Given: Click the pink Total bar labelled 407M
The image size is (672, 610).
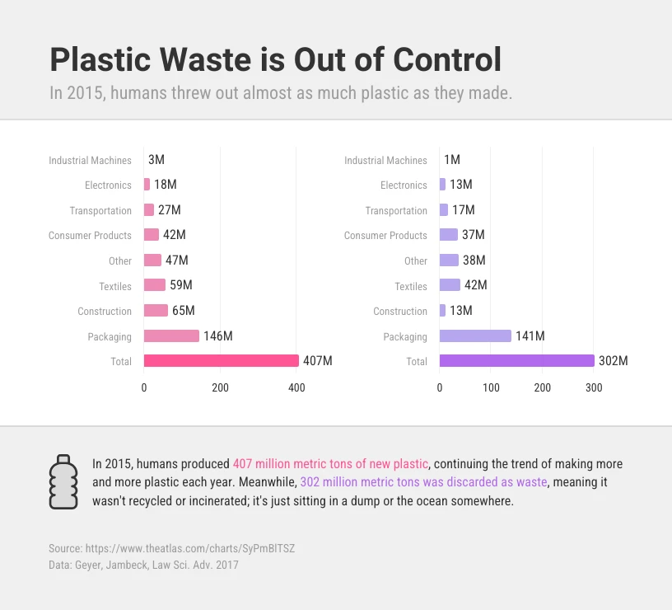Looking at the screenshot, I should point(221,361).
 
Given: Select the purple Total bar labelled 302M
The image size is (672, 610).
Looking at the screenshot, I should point(516,361).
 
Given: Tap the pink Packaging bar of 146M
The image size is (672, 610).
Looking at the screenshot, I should point(171,336).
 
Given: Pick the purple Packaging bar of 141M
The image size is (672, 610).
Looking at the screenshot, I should point(475,336).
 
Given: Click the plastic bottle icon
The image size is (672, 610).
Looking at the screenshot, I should point(63,481).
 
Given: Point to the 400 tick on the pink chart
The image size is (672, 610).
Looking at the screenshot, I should point(296,387).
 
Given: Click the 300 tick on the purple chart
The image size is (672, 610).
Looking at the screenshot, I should point(594,387).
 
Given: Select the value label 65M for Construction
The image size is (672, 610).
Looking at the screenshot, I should point(183,311).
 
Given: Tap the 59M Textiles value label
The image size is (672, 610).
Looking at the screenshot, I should point(180,285).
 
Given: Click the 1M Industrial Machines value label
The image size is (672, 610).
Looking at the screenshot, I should point(452,160).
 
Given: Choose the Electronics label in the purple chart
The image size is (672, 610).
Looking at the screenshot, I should point(404,185).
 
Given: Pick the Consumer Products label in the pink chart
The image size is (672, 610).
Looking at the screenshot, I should point(90,236).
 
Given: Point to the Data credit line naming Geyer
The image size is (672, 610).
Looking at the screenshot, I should point(144,565).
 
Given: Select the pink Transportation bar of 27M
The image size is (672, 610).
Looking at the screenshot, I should point(149,210).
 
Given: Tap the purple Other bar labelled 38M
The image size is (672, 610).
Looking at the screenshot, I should point(449,260).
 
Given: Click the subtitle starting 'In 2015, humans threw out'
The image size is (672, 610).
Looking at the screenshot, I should point(281,92).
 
